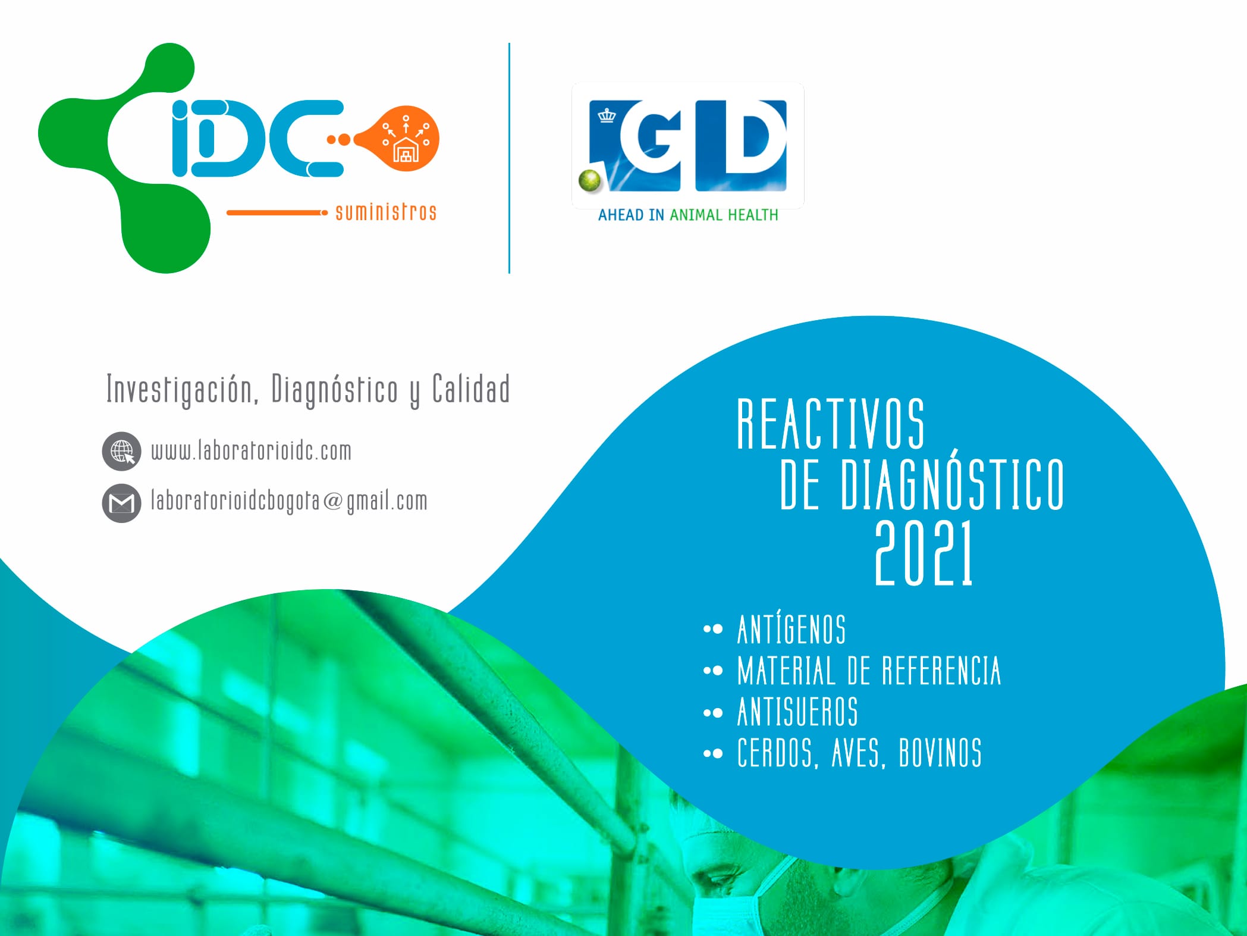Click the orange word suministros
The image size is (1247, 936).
(x=386, y=212)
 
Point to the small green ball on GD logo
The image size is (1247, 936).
(x=591, y=181)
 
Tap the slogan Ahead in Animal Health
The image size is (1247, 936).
(x=688, y=215)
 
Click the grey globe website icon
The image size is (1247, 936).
(x=122, y=452)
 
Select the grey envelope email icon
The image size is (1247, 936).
(x=122, y=503)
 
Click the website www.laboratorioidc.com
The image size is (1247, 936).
(x=251, y=450)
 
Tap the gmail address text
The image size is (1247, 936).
(x=289, y=501)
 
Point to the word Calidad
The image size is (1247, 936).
(x=471, y=389)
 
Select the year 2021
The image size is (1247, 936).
(x=924, y=553)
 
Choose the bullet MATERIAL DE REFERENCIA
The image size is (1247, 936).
(x=869, y=671)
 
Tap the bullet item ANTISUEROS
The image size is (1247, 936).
(x=797, y=712)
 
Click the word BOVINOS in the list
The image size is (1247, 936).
(x=940, y=753)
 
